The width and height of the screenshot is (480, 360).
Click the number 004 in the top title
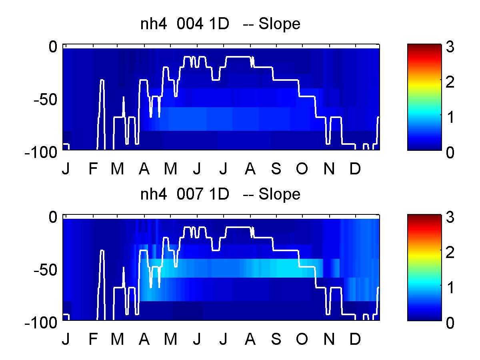pyautogui.click(x=190, y=24)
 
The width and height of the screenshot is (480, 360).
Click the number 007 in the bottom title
pyautogui.click(x=190, y=194)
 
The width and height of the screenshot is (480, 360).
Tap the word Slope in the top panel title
pyautogui.click(x=279, y=24)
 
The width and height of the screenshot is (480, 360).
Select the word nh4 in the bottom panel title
pyautogui.click(x=154, y=194)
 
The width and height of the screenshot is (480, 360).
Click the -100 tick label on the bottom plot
pyautogui.click(x=41, y=323)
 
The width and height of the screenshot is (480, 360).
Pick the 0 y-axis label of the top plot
pyautogui.click(x=53, y=46)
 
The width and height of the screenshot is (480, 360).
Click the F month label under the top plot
pyautogui.click(x=93, y=168)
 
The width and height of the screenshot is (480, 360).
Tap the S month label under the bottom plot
pyautogui.click(x=276, y=339)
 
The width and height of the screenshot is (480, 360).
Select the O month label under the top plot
pyautogui.click(x=302, y=168)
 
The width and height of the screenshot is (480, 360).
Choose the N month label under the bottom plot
pyautogui.click(x=329, y=339)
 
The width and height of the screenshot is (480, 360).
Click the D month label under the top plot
pyautogui.click(x=355, y=168)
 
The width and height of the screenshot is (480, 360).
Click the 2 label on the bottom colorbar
pyautogui.click(x=450, y=252)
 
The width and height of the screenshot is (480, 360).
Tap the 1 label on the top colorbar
pyautogui.click(x=450, y=117)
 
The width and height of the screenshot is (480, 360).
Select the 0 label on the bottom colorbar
pyautogui.click(x=450, y=323)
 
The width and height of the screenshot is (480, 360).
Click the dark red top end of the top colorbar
pyautogui.click(x=424, y=46)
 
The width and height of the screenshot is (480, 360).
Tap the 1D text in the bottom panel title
pyautogui.click(x=219, y=194)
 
